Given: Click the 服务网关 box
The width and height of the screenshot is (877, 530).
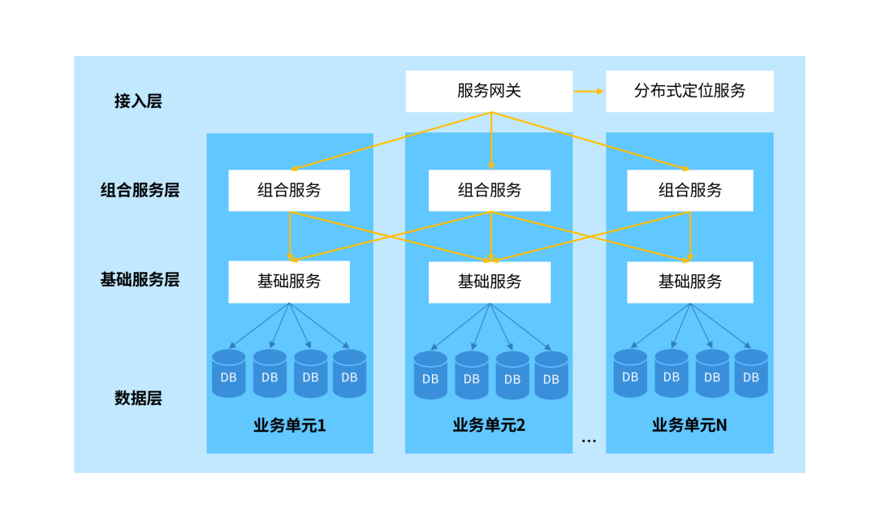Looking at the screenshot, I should click(489, 91).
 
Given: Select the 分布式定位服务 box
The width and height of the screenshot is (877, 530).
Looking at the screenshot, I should click(689, 91).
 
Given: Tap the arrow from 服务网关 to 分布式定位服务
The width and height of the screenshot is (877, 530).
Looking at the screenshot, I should click(589, 91).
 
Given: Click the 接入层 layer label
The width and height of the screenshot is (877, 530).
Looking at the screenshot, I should click(138, 101).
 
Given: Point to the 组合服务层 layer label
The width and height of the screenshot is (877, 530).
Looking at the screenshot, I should click(140, 191).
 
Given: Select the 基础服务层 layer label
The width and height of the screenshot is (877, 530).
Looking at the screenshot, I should click(140, 280).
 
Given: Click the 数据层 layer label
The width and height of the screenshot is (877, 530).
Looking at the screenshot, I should click(138, 399).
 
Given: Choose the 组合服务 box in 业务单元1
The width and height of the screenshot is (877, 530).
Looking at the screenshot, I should click(289, 191).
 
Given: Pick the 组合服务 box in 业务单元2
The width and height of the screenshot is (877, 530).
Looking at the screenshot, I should click(489, 191).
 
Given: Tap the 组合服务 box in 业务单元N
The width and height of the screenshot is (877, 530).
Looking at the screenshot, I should click(689, 191).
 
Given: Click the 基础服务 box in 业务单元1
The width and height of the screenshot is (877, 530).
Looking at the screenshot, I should click(289, 282).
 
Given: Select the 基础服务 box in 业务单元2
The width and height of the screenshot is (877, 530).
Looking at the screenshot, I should click(489, 282).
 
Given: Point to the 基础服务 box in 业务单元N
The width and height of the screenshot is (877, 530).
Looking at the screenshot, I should click(689, 282).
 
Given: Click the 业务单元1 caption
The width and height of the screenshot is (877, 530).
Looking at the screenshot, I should click(290, 425).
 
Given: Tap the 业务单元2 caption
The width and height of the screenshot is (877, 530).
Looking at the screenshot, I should click(489, 425).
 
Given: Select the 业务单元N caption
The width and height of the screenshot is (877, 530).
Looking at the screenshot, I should click(689, 425).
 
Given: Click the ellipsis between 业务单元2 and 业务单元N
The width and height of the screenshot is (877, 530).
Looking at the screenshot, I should click(589, 441).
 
